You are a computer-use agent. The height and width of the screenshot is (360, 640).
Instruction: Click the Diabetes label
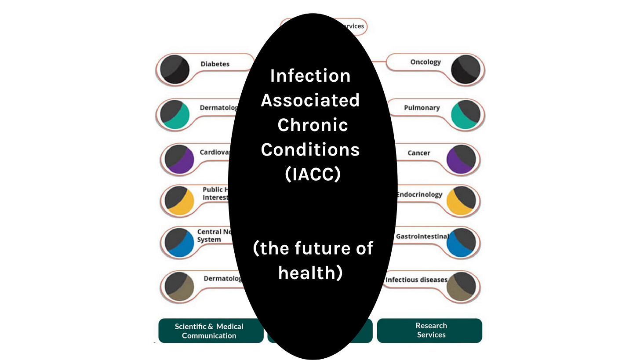[x=215, y=64]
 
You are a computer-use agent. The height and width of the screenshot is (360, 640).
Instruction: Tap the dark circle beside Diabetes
[x=175, y=69]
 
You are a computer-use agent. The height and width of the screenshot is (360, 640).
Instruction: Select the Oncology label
[x=425, y=62]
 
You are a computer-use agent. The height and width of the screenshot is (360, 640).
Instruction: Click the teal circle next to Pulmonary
[x=465, y=115]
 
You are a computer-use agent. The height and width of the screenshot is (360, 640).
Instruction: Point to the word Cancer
[x=419, y=153]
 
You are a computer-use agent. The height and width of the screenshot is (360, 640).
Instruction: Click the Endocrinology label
[x=419, y=194]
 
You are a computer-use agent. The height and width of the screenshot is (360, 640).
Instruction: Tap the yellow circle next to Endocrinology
[x=461, y=200]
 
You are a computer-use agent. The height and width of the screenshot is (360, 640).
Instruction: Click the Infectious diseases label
[x=416, y=280]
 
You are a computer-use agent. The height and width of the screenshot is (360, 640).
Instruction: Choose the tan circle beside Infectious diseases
[x=461, y=286]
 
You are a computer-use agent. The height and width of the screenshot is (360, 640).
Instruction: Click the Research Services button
[x=431, y=330]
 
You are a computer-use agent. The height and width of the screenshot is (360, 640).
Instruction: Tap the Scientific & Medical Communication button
[x=209, y=331]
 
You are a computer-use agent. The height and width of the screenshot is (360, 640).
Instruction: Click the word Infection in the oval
[x=310, y=76]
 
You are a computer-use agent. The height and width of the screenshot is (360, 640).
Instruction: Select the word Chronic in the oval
[x=313, y=125]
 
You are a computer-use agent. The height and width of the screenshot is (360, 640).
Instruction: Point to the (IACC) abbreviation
[x=313, y=175]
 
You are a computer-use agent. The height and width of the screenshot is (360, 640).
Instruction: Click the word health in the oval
[x=310, y=273]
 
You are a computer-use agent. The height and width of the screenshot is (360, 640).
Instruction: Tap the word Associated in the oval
[x=310, y=101]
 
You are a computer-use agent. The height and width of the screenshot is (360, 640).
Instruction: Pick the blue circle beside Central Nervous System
[x=179, y=242]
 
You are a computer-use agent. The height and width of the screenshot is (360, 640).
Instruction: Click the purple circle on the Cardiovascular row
[x=179, y=159]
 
